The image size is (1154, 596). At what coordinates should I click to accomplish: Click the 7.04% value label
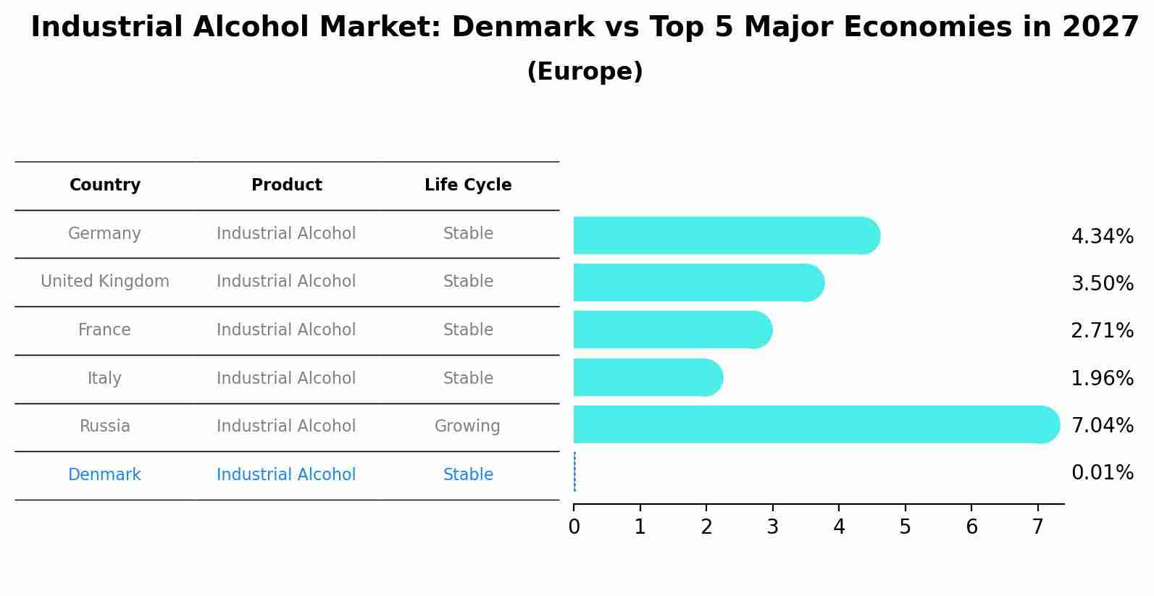[x=1102, y=425]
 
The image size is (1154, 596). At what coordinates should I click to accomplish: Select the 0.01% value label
[x=1102, y=473]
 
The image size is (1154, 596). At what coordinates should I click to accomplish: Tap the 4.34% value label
[x=1102, y=237]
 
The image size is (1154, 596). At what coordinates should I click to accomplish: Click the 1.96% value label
[x=1102, y=378]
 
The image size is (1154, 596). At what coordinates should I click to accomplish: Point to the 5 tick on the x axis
[x=905, y=527]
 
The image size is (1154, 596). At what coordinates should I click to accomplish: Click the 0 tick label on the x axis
[x=574, y=527]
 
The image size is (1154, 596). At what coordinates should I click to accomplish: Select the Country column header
[x=105, y=185]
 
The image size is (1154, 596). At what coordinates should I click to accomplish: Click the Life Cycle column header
[x=468, y=185]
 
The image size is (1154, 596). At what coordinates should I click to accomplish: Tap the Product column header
[x=286, y=185]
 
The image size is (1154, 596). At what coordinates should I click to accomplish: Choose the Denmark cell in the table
[x=104, y=475]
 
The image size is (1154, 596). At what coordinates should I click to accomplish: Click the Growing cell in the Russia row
[x=467, y=427]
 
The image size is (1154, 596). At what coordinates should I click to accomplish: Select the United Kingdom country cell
[x=105, y=282]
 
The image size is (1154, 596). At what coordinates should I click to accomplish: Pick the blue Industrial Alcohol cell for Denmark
[x=286, y=475]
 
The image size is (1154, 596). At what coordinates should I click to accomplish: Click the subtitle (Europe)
[x=585, y=72]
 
